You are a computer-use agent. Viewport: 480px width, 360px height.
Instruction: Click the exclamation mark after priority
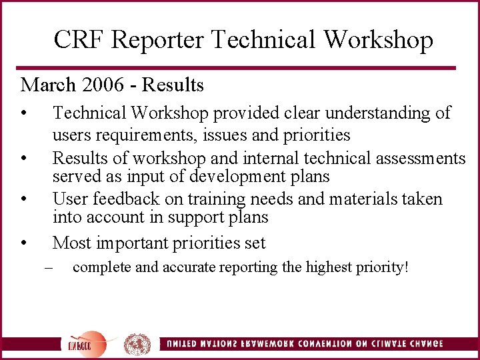[405, 268]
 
